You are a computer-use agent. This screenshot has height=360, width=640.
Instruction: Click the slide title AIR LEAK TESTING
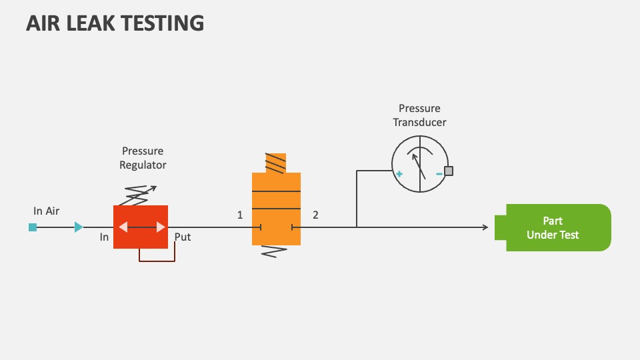(115, 23)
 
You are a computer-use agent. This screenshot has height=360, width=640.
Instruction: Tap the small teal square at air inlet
(33, 227)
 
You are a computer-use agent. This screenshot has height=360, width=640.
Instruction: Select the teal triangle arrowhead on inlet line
(79, 227)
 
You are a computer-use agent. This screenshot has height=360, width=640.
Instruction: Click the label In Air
(47, 211)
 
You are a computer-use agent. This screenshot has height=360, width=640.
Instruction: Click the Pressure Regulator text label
(143, 158)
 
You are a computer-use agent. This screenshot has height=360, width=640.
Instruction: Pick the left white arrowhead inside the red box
(123, 227)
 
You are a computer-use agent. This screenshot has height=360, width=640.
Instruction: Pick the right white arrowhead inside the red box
(160, 227)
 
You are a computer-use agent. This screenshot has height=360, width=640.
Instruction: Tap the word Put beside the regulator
(183, 237)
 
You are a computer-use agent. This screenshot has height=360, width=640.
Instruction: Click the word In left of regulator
(105, 237)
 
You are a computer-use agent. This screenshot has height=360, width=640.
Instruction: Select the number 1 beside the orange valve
(240, 215)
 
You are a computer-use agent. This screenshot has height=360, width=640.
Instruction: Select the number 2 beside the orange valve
(315, 215)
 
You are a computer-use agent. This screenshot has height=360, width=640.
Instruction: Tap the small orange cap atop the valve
(275, 163)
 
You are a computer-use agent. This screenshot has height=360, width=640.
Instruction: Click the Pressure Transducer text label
(419, 115)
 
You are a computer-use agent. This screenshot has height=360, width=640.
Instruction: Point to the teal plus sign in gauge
(399, 174)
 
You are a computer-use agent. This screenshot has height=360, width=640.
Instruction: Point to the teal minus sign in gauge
(439, 174)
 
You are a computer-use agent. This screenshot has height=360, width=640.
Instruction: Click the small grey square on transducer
(449, 171)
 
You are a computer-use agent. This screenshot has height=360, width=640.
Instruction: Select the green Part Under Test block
(553, 227)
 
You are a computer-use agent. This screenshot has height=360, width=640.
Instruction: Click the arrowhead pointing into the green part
(485, 227)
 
